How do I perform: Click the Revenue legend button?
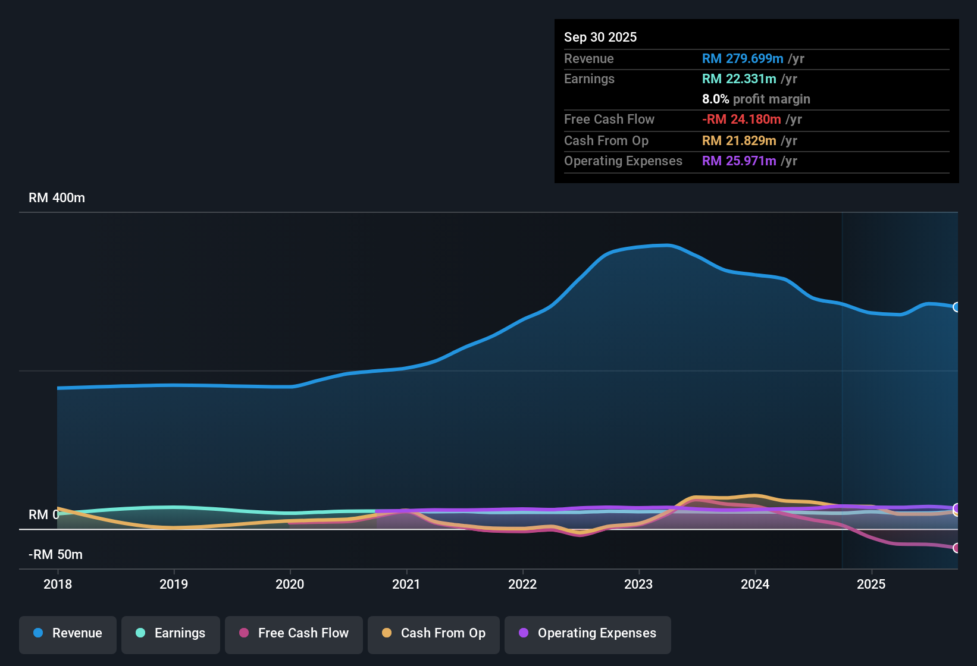[68, 633]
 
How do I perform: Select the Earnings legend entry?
[171, 633]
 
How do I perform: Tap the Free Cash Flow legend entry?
[294, 633]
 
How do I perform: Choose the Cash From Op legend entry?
[434, 633]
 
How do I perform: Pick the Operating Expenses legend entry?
[588, 633]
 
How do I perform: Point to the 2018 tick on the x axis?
[58, 584]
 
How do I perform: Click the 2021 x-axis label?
[406, 584]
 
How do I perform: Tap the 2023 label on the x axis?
[638, 584]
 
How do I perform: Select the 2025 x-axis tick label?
[871, 584]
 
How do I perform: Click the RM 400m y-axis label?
[57, 198]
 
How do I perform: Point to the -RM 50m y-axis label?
[56, 555]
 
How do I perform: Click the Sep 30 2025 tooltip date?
[600, 37]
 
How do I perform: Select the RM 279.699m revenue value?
[742, 58]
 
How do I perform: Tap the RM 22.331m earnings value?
[738, 78]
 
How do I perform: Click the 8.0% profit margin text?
[756, 99]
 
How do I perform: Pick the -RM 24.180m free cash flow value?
[741, 119]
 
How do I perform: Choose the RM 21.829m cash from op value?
[738, 140]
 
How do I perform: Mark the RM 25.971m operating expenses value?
[738, 161]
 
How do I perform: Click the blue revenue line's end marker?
[956, 307]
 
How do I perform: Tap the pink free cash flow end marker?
[956, 548]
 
